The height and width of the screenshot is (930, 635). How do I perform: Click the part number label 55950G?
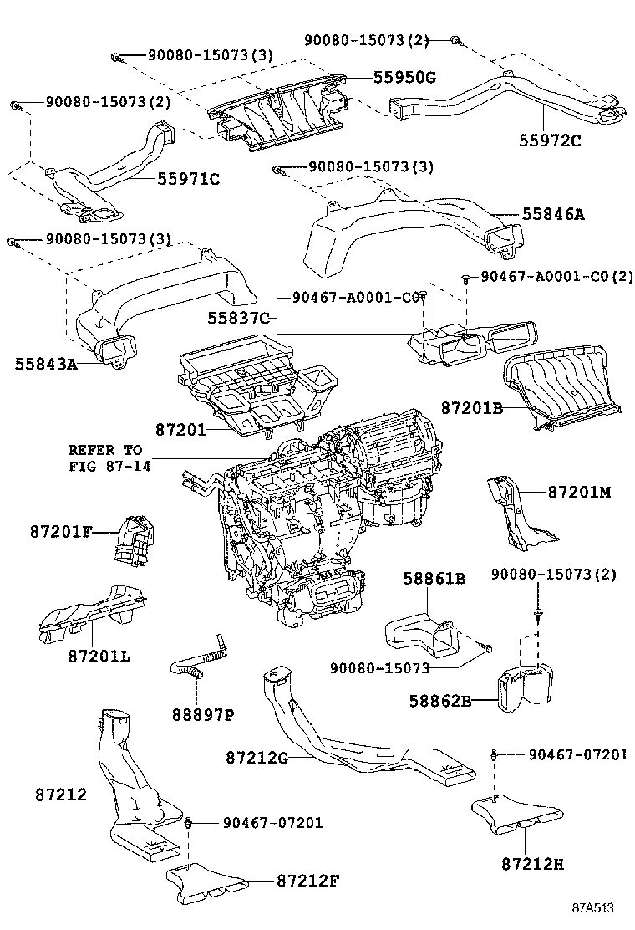point(404,78)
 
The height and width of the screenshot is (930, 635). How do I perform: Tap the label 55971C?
point(188,178)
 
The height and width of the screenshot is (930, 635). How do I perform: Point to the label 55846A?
point(552,214)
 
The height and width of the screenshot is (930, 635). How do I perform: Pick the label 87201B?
point(472,408)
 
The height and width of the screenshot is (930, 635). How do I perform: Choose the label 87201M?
point(580,492)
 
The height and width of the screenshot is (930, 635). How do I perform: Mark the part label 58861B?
point(434,578)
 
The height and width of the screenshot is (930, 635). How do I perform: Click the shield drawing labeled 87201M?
point(515,514)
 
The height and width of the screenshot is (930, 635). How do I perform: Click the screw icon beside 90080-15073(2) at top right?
point(455,39)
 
